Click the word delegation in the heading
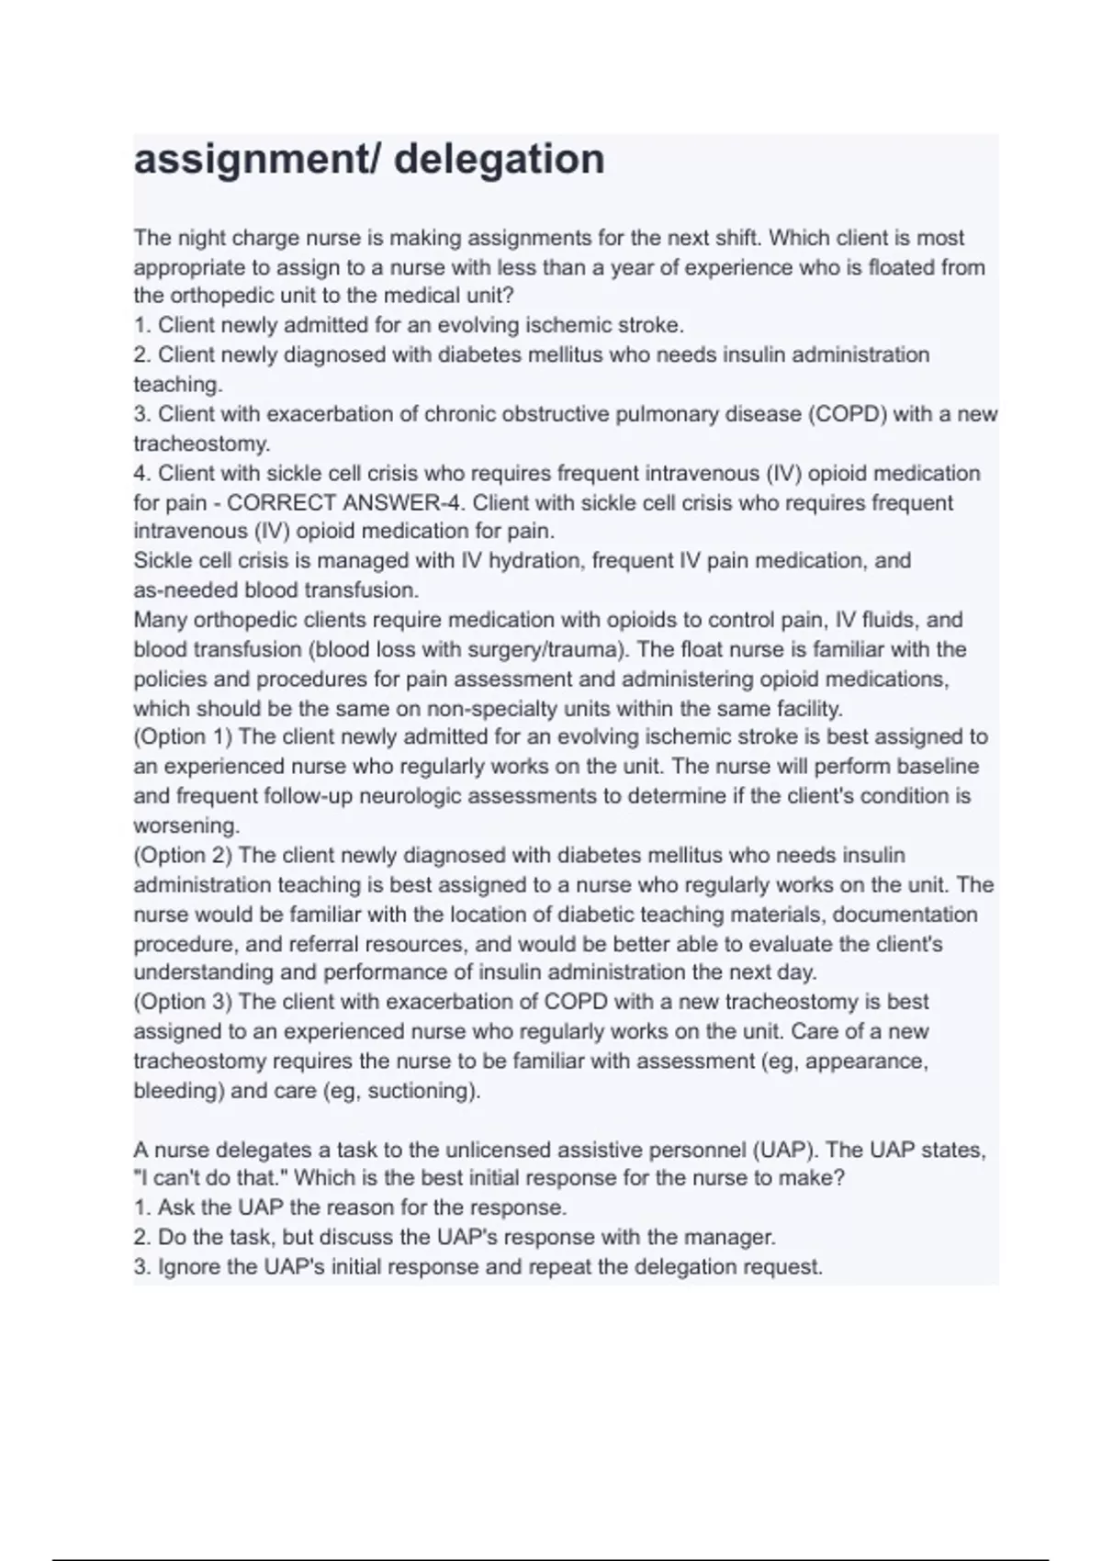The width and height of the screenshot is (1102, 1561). tap(500, 160)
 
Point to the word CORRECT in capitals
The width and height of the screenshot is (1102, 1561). tap(271, 503)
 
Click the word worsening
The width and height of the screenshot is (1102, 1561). tap(186, 825)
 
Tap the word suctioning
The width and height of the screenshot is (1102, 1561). tap(429, 1091)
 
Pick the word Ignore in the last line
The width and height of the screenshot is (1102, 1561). tap(189, 1267)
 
